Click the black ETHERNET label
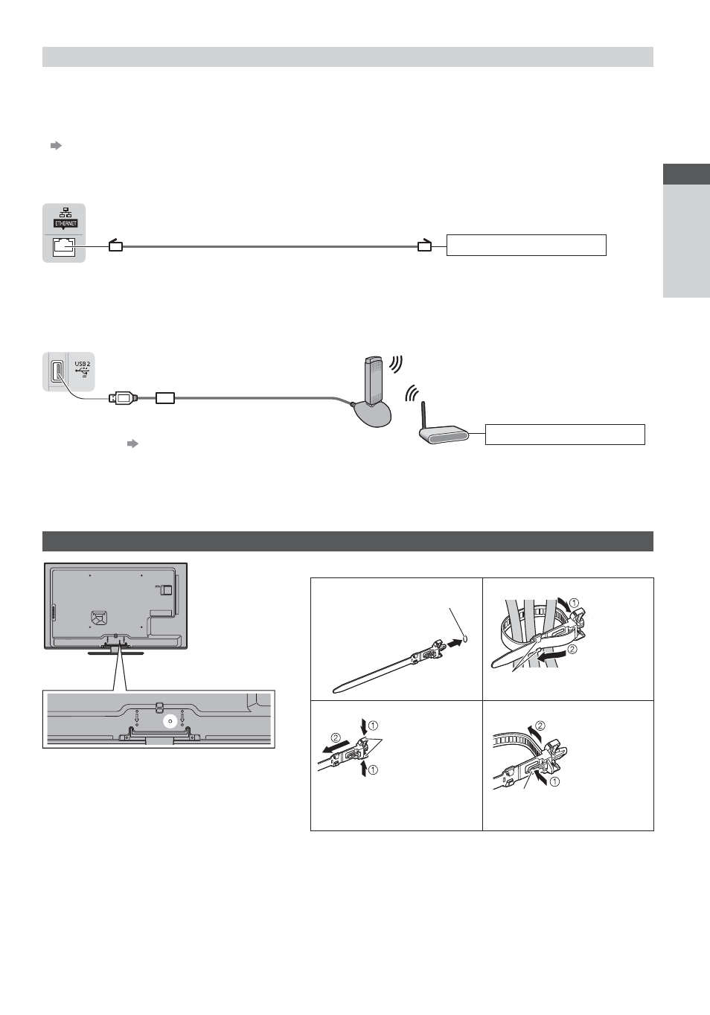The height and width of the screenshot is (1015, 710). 65,223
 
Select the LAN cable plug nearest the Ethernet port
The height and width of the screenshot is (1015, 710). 115,245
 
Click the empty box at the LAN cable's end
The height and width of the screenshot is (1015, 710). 526,245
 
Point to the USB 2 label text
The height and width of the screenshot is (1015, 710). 83,364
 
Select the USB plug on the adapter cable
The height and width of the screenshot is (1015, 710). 122,398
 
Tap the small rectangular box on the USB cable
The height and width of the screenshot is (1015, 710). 165,398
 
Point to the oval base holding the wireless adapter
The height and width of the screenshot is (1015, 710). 371,414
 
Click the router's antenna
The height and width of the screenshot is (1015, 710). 424,414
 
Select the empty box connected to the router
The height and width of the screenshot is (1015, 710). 565,435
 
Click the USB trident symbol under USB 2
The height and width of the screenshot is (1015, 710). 83,372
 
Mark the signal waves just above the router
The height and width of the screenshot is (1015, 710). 412,393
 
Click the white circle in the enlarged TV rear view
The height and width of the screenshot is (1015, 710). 170,722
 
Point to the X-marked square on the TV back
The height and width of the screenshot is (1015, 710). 99,617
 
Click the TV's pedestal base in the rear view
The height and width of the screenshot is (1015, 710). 115,653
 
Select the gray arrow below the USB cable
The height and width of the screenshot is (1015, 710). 132,444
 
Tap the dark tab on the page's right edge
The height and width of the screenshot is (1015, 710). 686,174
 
